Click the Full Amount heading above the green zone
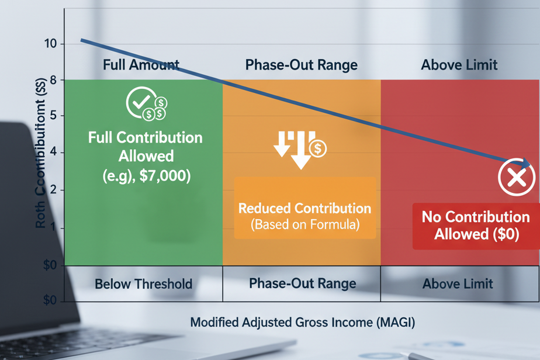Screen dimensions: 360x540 point(141,64)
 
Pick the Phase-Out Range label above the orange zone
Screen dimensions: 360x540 point(301,64)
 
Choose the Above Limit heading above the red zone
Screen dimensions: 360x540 point(459,64)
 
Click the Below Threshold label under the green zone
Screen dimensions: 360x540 point(143,285)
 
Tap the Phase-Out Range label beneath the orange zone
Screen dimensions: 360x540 point(302,283)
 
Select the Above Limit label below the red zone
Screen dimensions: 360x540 point(458,284)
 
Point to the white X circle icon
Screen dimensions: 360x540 point(516,178)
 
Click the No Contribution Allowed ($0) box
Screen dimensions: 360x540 point(475,225)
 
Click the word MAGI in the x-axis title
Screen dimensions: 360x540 point(396,322)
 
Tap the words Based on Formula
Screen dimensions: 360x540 point(304,224)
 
